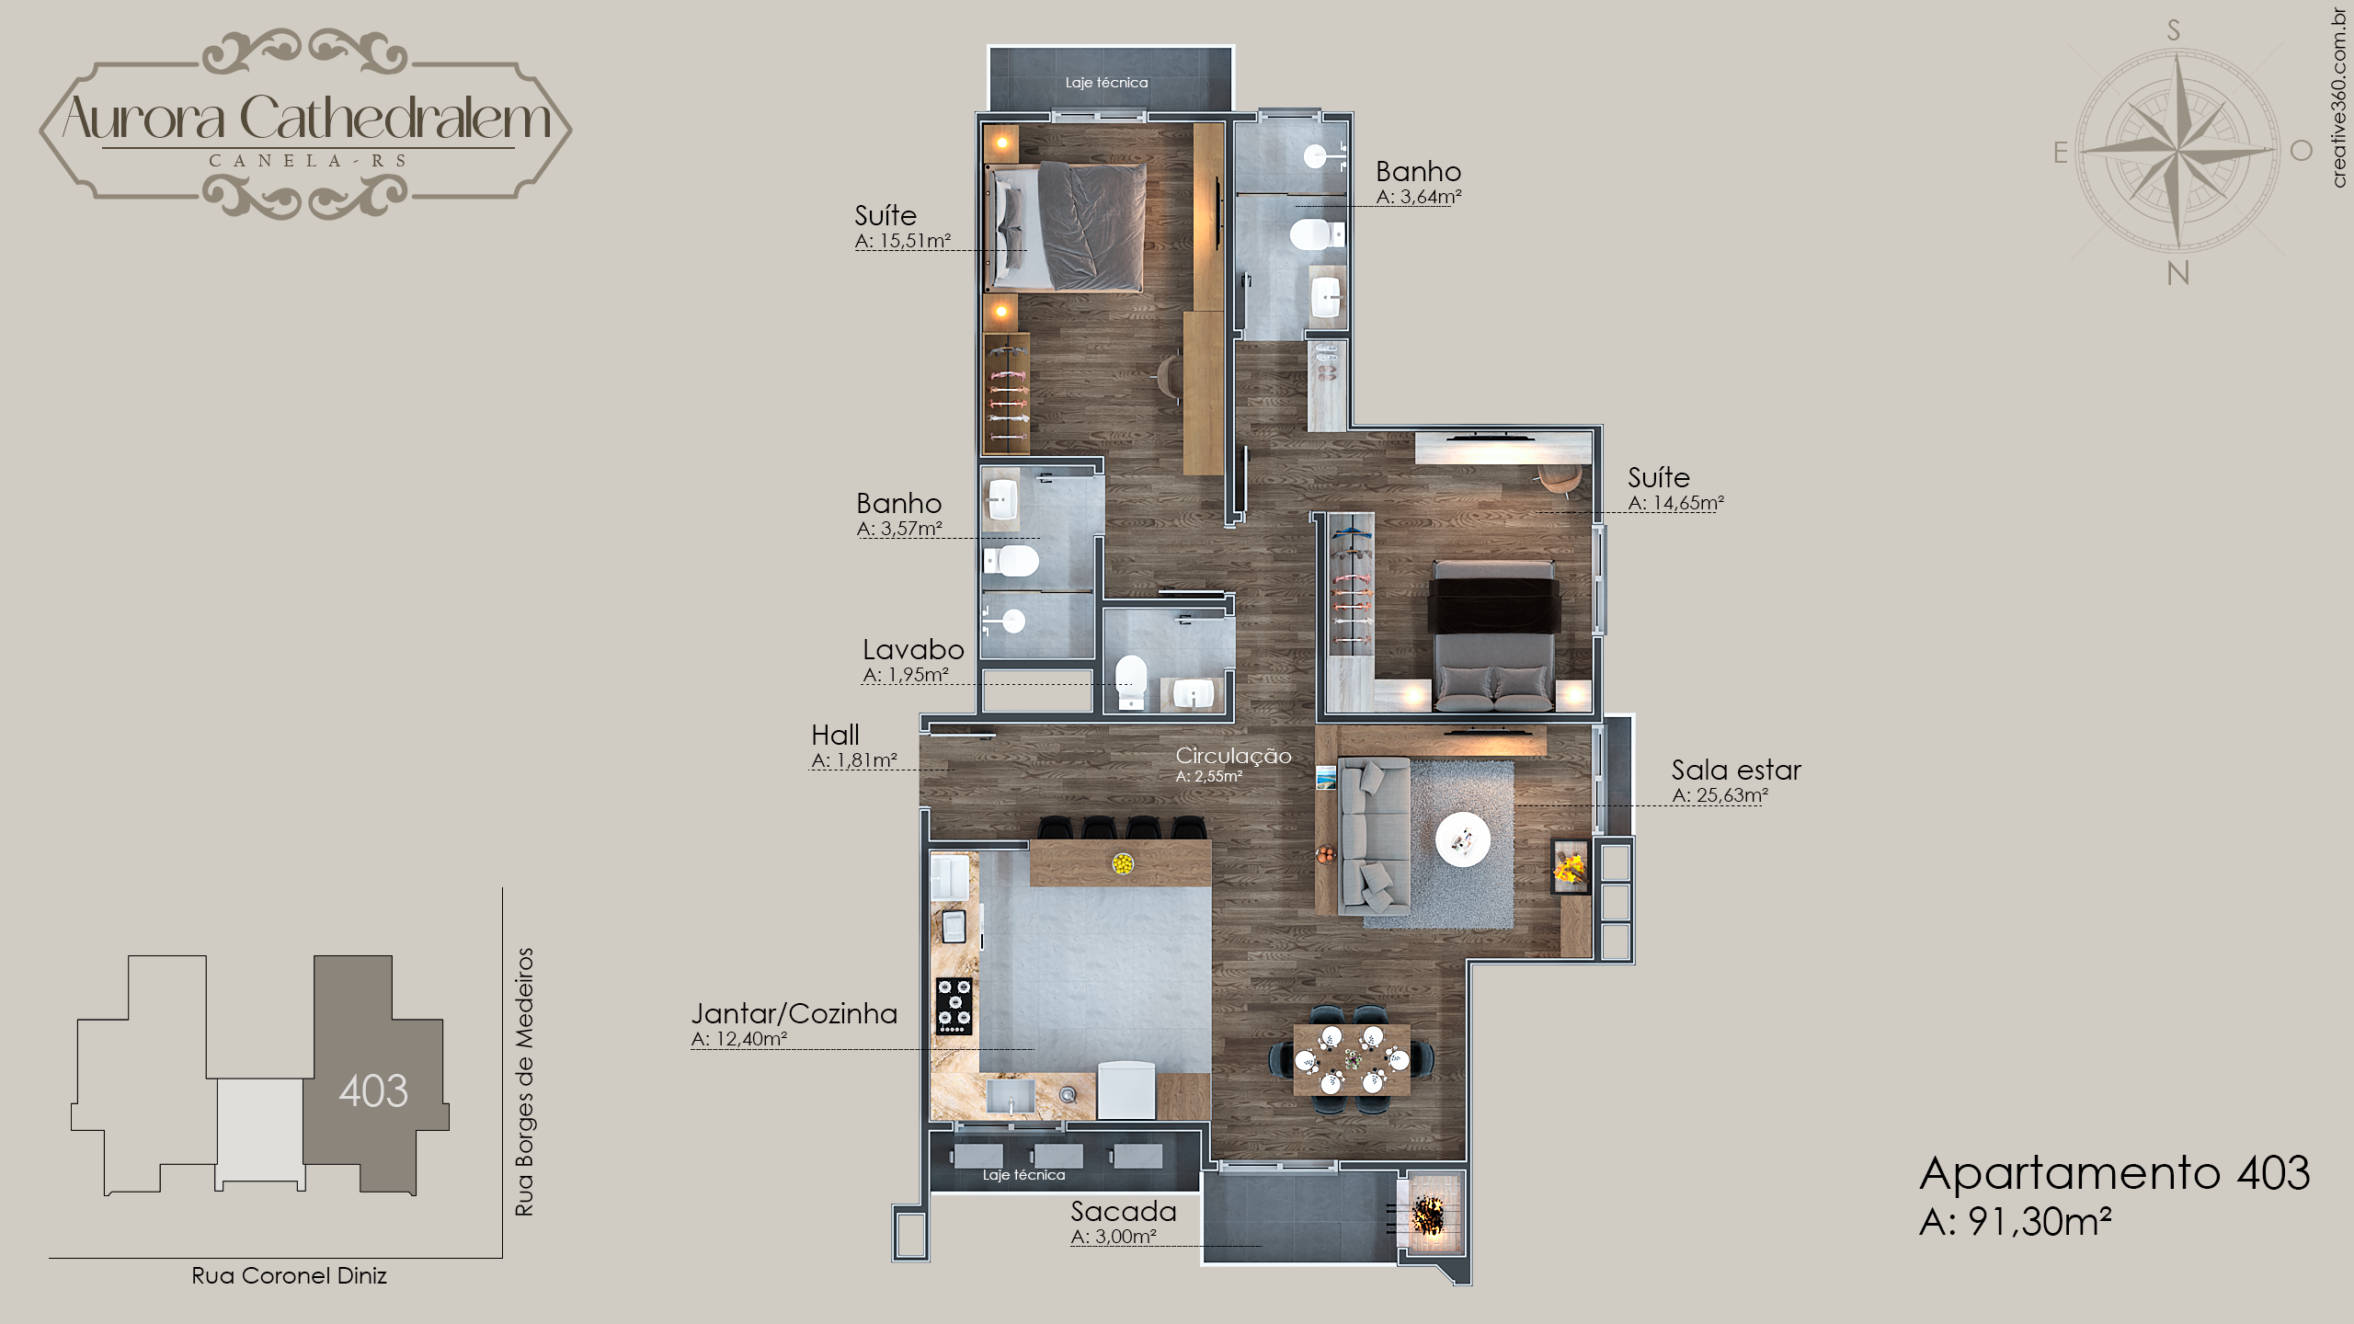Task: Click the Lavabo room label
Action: coord(913,650)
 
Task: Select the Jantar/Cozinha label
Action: coord(794,1013)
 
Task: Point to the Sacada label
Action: coord(1123,1212)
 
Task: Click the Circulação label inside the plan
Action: coord(1233,756)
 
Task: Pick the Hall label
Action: coord(835,735)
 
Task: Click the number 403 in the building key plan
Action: coord(373,1091)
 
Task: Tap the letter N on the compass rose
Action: coord(2177,273)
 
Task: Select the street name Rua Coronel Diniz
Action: coord(289,1275)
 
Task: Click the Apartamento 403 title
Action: coord(2115,1173)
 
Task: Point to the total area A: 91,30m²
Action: coord(2016,1222)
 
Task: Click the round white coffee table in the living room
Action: coord(1463,839)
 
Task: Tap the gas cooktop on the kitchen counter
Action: coord(954,1006)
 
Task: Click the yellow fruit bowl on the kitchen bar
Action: coord(1123,863)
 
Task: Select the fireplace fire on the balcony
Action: coord(1427,1215)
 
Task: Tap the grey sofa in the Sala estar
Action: coord(1374,836)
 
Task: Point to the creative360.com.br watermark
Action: coord(2340,97)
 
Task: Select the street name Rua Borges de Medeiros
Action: coord(524,1082)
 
